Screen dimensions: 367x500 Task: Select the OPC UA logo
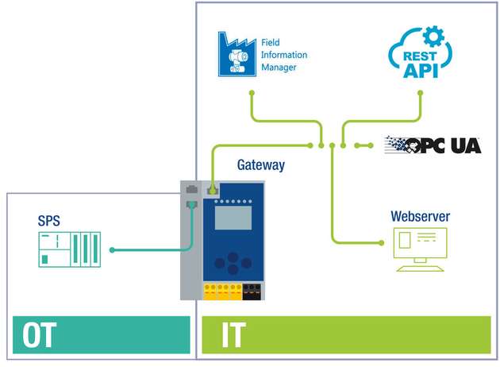[x=433, y=145]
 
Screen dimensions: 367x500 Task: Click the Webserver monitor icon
[x=420, y=249]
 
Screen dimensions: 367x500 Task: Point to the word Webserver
[x=420, y=216]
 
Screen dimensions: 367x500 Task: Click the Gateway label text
[x=260, y=165]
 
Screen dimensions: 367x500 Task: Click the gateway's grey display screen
[x=233, y=216]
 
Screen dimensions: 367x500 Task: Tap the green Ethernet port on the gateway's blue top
[x=213, y=190]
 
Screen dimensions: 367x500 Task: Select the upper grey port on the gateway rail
[x=190, y=190]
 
